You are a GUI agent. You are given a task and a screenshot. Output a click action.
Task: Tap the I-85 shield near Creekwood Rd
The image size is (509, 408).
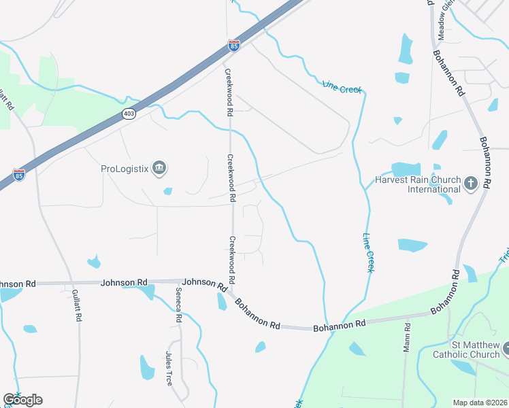(x=233, y=46)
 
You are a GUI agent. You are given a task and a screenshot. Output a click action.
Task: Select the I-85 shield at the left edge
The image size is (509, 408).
(x=19, y=175)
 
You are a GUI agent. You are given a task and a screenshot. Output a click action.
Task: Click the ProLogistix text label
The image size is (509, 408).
(x=125, y=168)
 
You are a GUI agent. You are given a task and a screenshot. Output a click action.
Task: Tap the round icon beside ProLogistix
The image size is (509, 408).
(x=159, y=167)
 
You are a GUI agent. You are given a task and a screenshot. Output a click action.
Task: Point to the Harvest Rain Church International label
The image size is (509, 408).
(x=415, y=185)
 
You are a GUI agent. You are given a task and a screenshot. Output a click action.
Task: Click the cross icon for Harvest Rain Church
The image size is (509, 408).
(x=470, y=182)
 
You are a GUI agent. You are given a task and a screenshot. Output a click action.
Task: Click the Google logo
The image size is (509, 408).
(x=22, y=400)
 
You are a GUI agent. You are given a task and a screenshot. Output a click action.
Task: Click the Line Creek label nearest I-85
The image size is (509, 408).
(x=342, y=86)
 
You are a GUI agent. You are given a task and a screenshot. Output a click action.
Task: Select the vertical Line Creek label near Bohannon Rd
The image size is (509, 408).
(x=367, y=253)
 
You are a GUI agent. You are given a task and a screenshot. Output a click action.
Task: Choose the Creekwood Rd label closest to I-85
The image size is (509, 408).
(x=228, y=92)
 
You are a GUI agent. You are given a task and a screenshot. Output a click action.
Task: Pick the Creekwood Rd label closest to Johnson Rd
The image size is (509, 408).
(x=232, y=260)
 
